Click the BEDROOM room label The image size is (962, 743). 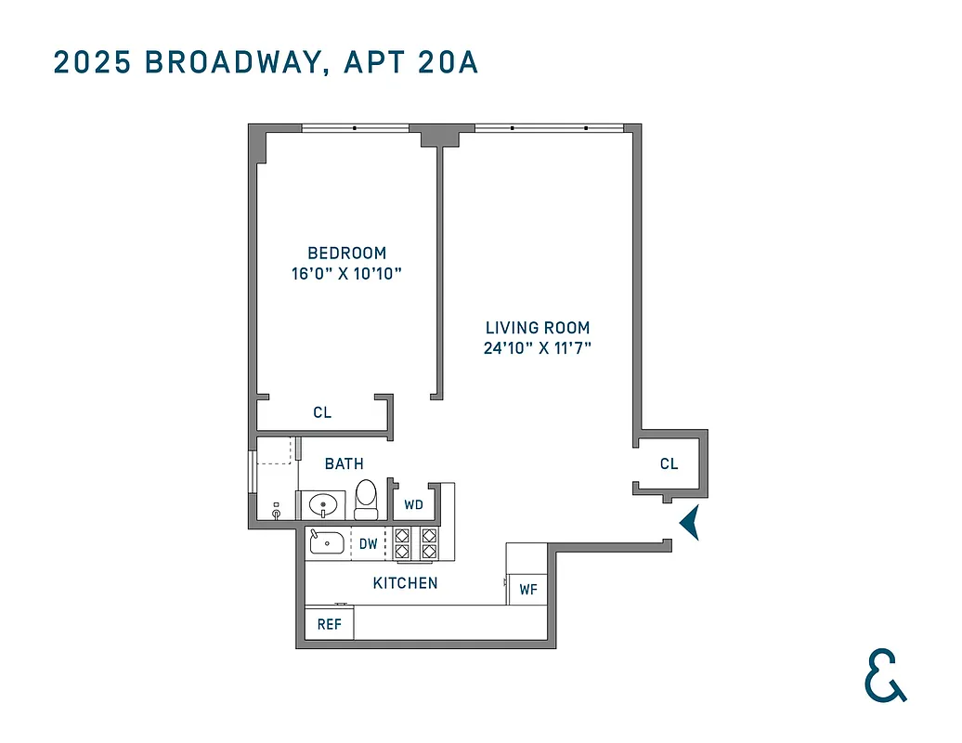tap(346, 253)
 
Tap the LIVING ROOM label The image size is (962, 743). tap(538, 328)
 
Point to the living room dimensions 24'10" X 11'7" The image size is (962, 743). tap(538, 349)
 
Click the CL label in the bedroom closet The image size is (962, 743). tap(321, 413)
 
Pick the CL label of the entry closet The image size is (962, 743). tap(669, 463)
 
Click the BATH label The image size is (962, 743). tap(344, 463)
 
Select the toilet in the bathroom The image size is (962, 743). tap(367, 499)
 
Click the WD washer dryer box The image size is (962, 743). tap(413, 505)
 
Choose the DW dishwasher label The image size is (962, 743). tap(369, 544)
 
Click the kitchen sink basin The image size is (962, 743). tap(326, 541)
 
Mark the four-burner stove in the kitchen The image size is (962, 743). tap(415, 543)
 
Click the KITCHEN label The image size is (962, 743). tap(405, 583)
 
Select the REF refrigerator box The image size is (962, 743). tap(330, 624)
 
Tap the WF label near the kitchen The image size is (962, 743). tap(527, 589)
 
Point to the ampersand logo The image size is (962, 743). tap(884, 676)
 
